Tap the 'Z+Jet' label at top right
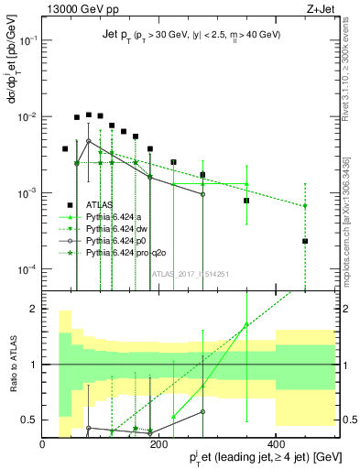click(320, 10)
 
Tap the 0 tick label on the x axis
click(43, 443)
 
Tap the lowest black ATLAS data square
click(305, 242)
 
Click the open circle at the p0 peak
click(88, 141)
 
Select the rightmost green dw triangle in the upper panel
click(305, 206)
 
